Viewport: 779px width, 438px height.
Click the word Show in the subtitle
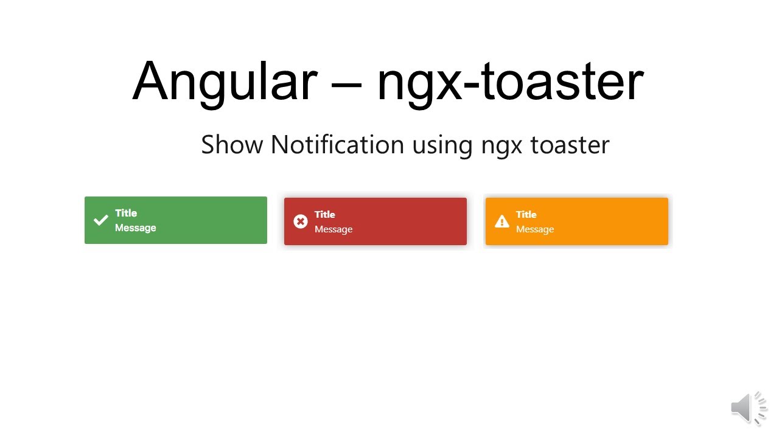click(x=232, y=145)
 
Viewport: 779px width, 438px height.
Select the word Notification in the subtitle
click(x=337, y=145)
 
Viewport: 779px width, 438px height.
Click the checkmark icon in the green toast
click(x=100, y=220)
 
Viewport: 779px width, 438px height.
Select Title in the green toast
click(x=126, y=213)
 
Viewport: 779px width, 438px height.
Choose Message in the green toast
click(x=136, y=228)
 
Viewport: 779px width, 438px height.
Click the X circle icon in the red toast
click(x=301, y=221)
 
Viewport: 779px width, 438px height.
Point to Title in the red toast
click(x=325, y=214)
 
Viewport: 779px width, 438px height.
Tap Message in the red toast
click(x=334, y=229)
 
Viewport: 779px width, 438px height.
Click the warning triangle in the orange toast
click(x=502, y=221)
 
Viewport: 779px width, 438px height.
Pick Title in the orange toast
click(x=526, y=214)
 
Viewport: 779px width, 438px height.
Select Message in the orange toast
click(x=535, y=229)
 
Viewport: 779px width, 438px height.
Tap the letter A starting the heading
click(x=151, y=81)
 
